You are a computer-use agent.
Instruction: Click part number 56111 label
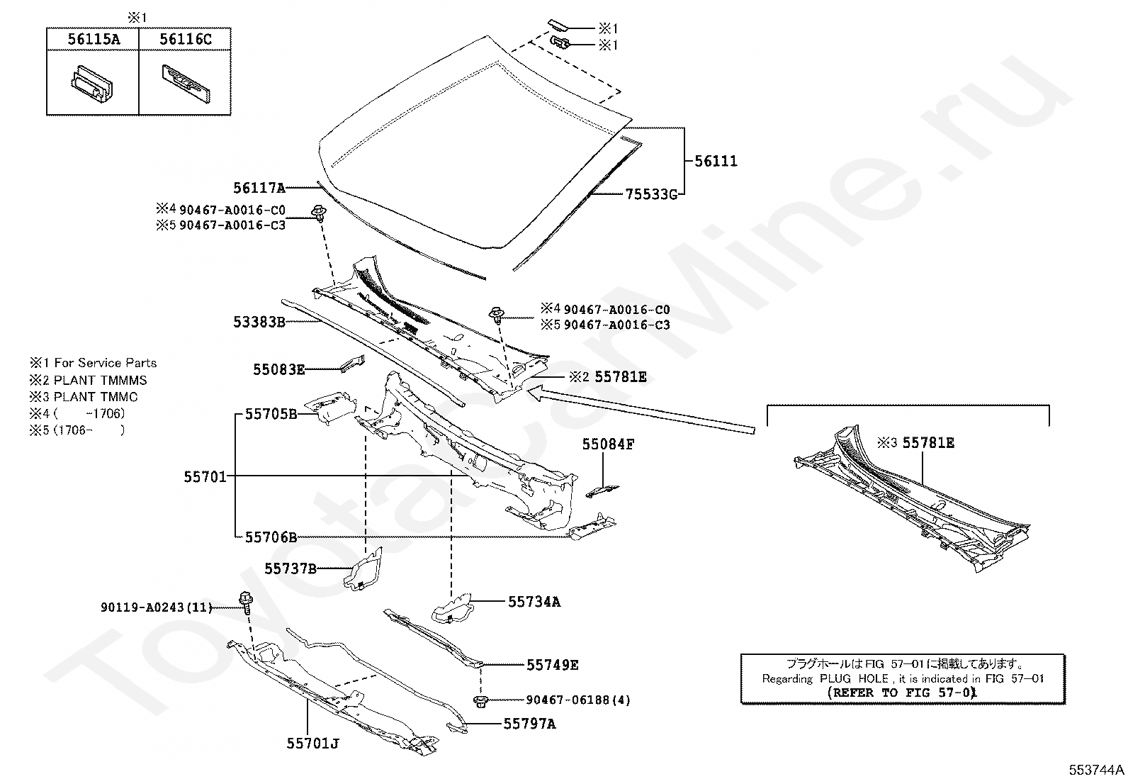click(x=716, y=161)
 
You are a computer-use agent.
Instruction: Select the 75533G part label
click(x=650, y=194)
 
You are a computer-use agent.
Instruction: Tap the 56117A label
click(x=259, y=188)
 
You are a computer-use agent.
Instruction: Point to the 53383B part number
click(x=259, y=323)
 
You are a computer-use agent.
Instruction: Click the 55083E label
click(x=279, y=369)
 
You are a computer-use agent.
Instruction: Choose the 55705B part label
click(x=271, y=414)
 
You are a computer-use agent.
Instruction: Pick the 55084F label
click(x=608, y=444)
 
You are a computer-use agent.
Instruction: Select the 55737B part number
click(x=291, y=568)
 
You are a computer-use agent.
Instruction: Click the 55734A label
click(x=534, y=602)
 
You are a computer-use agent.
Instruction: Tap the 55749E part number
click(x=553, y=665)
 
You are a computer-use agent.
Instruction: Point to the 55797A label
click(x=530, y=724)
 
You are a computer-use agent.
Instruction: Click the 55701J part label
click(x=313, y=744)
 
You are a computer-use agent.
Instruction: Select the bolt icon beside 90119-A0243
click(x=247, y=602)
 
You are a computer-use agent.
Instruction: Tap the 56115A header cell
click(x=94, y=40)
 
